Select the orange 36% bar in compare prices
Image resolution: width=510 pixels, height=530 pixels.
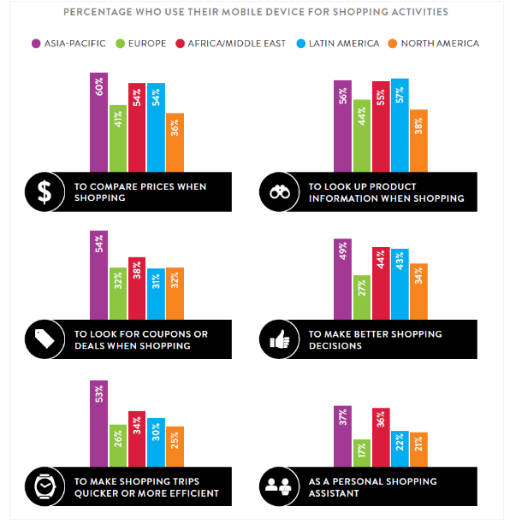coord(175,143)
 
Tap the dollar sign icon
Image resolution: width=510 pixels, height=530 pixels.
coord(43,192)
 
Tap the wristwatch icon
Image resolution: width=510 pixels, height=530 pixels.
coord(43,486)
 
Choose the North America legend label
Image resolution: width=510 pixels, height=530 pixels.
coord(436,43)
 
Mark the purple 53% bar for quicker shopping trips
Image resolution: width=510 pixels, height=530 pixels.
coord(98,423)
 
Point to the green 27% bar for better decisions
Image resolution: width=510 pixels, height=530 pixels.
coord(361,297)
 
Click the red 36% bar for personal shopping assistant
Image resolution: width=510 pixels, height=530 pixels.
coord(380,437)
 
